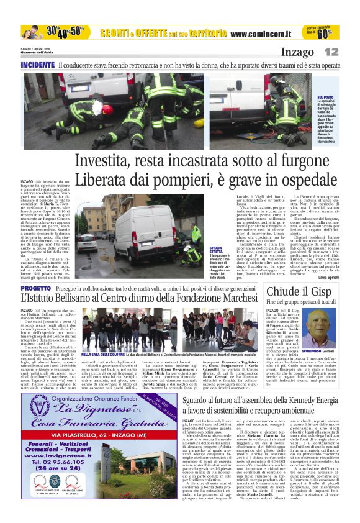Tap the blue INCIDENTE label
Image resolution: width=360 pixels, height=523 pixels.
pyautogui.click(x=37, y=65)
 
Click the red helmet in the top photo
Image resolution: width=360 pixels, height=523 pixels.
pyautogui.click(x=107, y=109)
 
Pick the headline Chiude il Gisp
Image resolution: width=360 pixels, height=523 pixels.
pyautogui.click(x=301, y=292)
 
